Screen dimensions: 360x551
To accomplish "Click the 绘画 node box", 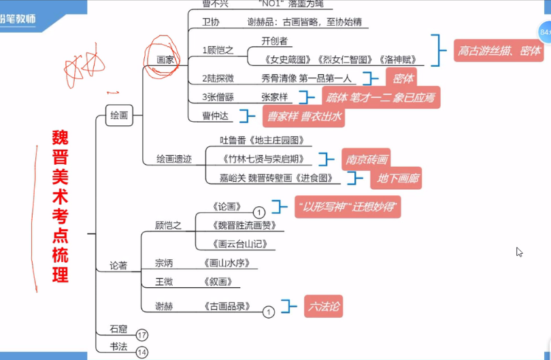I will click(119, 115).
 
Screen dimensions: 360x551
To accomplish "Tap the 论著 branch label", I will click(118, 265).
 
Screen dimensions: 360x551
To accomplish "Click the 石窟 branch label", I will click(118, 329).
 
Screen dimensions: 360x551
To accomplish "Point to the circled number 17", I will click(141, 335).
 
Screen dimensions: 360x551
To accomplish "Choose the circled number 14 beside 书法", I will click(141, 352).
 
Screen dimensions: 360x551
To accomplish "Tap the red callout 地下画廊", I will click(395, 179).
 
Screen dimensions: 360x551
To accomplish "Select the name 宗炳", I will click(164, 262).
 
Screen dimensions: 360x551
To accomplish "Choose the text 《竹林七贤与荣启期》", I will click(263, 159).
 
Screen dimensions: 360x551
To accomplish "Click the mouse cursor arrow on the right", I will click(519, 252).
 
